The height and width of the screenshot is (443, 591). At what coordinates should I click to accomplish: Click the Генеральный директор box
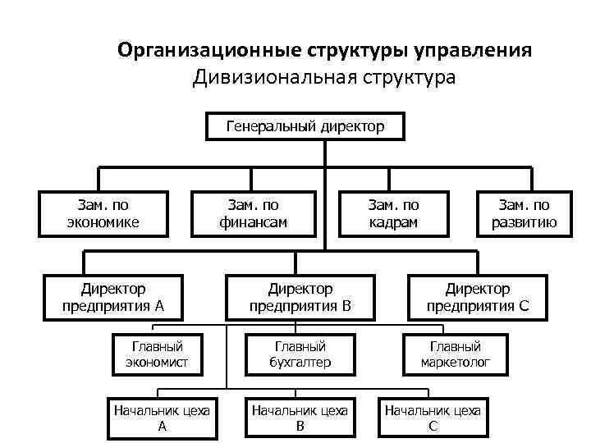[x=304, y=126]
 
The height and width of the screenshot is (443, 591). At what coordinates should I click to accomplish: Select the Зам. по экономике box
[x=103, y=213]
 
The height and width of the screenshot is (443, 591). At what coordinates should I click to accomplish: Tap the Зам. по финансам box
[x=253, y=213]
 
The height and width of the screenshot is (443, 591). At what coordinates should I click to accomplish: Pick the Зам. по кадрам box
[x=394, y=213]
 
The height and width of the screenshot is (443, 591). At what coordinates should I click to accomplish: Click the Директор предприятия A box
[x=113, y=298]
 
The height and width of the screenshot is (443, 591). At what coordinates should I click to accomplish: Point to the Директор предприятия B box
[x=300, y=298]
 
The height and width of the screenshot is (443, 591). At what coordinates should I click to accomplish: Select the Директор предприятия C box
[x=478, y=298]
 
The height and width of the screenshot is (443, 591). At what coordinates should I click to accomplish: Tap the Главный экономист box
[x=157, y=354]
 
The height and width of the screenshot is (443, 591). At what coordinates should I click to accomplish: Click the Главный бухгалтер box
[x=300, y=354]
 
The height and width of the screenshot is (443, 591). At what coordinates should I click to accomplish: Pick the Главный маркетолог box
[x=456, y=354]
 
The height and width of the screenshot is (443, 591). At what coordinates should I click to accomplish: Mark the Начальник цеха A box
[x=162, y=418]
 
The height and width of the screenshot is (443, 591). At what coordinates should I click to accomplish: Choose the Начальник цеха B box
[x=300, y=418]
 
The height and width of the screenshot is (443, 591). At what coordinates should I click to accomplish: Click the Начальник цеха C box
[x=433, y=418]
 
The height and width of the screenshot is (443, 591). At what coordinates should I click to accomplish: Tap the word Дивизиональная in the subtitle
[x=267, y=79]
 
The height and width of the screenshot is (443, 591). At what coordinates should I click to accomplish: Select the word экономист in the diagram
[x=157, y=362]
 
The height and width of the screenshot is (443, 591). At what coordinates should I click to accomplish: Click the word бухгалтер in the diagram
[x=300, y=362]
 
